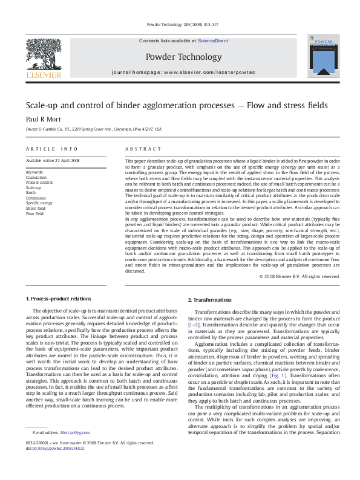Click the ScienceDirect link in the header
pos(212,40)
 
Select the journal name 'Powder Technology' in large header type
pos(184,57)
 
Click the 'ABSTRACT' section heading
pos(143,149)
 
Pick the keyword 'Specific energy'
pos(39,203)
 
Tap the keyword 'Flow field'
pos(34,213)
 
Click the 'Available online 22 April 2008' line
pos(52,161)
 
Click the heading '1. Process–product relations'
pos(58,299)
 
